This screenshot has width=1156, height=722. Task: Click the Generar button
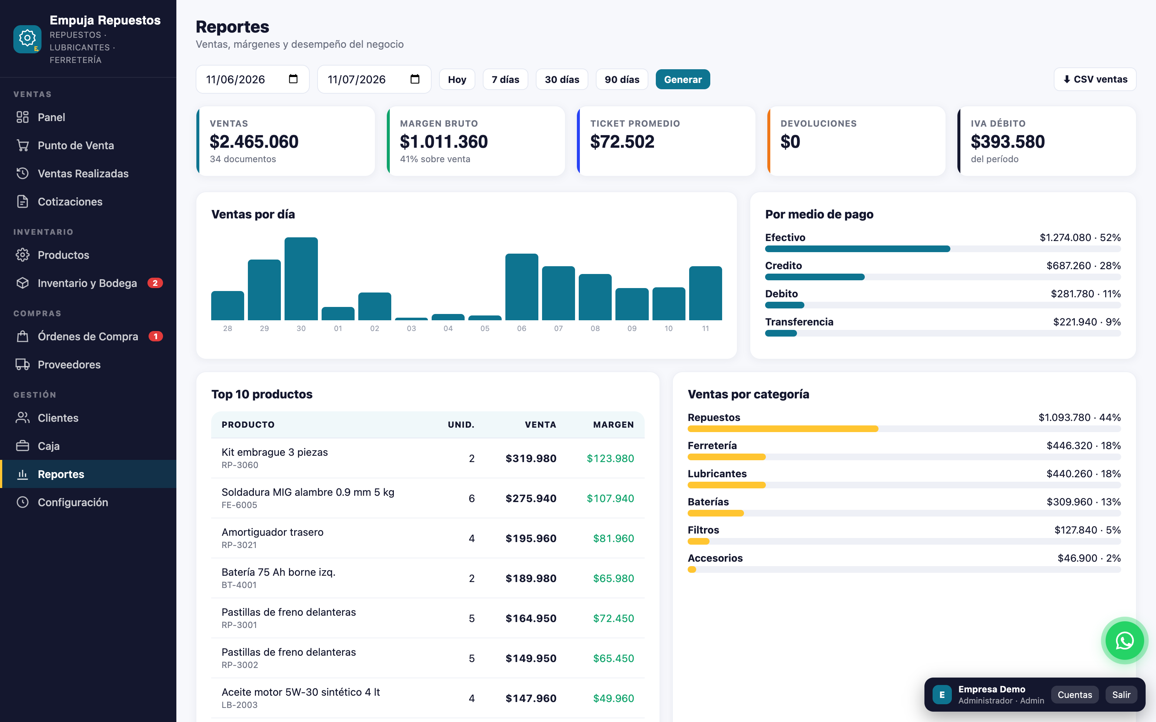(x=682, y=79)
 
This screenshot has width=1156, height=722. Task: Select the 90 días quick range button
(x=621, y=79)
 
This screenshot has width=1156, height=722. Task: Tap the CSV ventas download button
(x=1095, y=79)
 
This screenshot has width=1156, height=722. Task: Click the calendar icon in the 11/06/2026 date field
(x=293, y=79)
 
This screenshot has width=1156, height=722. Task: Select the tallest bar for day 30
(x=301, y=278)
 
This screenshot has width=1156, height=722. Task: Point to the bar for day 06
(x=522, y=287)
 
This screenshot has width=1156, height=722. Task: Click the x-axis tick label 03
(x=411, y=328)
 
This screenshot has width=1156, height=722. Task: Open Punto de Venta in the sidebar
(x=76, y=145)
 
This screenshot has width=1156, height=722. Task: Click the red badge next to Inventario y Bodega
(x=155, y=283)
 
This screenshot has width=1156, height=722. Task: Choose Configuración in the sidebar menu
(x=73, y=502)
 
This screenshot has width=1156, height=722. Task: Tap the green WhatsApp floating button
(x=1125, y=640)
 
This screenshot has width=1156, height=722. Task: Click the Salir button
(x=1121, y=695)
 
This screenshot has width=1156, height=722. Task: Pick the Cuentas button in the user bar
(x=1075, y=695)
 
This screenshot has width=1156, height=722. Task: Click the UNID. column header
(x=461, y=425)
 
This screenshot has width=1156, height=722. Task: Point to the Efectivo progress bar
(x=857, y=249)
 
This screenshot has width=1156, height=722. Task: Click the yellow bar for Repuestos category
(x=783, y=429)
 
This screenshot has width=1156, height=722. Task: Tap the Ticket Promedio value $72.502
(x=622, y=142)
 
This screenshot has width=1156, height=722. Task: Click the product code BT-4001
(x=239, y=585)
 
